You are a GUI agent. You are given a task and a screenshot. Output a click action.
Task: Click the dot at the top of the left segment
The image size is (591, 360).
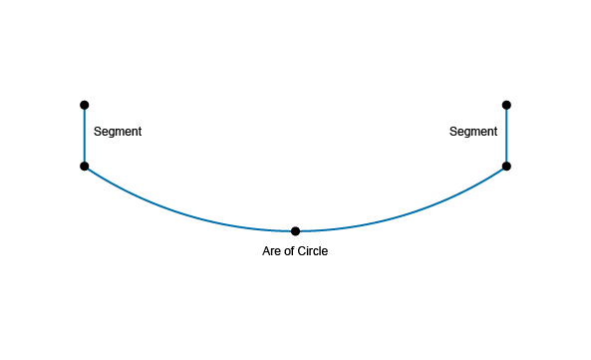pos(85,105)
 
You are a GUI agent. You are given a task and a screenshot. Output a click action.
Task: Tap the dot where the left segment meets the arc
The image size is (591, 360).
pos(85,166)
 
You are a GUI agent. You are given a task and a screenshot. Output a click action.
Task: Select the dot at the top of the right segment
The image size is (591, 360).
pos(506,105)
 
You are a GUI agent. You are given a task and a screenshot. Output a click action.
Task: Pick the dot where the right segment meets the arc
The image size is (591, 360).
pos(506,166)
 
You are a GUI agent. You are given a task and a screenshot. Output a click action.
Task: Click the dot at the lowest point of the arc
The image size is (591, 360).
pos(295,231)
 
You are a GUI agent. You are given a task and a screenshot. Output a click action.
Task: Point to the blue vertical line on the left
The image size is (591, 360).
pos(85,136)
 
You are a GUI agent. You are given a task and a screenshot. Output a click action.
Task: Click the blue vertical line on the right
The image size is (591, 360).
pos(506,136)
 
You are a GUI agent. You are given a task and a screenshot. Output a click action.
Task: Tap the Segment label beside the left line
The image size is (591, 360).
pos(118,132)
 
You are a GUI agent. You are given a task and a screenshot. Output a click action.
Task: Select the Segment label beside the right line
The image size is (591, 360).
pos(473,132)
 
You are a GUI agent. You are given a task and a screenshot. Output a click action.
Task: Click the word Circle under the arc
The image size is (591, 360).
pos(313,251)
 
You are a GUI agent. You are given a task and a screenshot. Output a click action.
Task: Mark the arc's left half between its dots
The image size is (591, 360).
pos(183,213)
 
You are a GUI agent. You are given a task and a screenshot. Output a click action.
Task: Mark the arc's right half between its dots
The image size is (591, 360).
pos(408,213)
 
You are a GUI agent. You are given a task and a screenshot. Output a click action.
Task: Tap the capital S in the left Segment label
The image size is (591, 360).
pos(98,132)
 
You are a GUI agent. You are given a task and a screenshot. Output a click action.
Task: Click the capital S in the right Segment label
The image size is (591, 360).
pos(453,132)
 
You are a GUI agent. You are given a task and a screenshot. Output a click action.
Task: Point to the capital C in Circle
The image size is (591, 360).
pos(301,251)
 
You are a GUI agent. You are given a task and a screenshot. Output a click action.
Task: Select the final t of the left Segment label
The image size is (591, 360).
pos(140,132)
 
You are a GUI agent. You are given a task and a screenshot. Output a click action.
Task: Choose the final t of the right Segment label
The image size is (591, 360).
pos(495,132)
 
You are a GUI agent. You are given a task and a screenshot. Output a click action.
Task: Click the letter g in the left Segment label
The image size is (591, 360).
pos(110,133)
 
